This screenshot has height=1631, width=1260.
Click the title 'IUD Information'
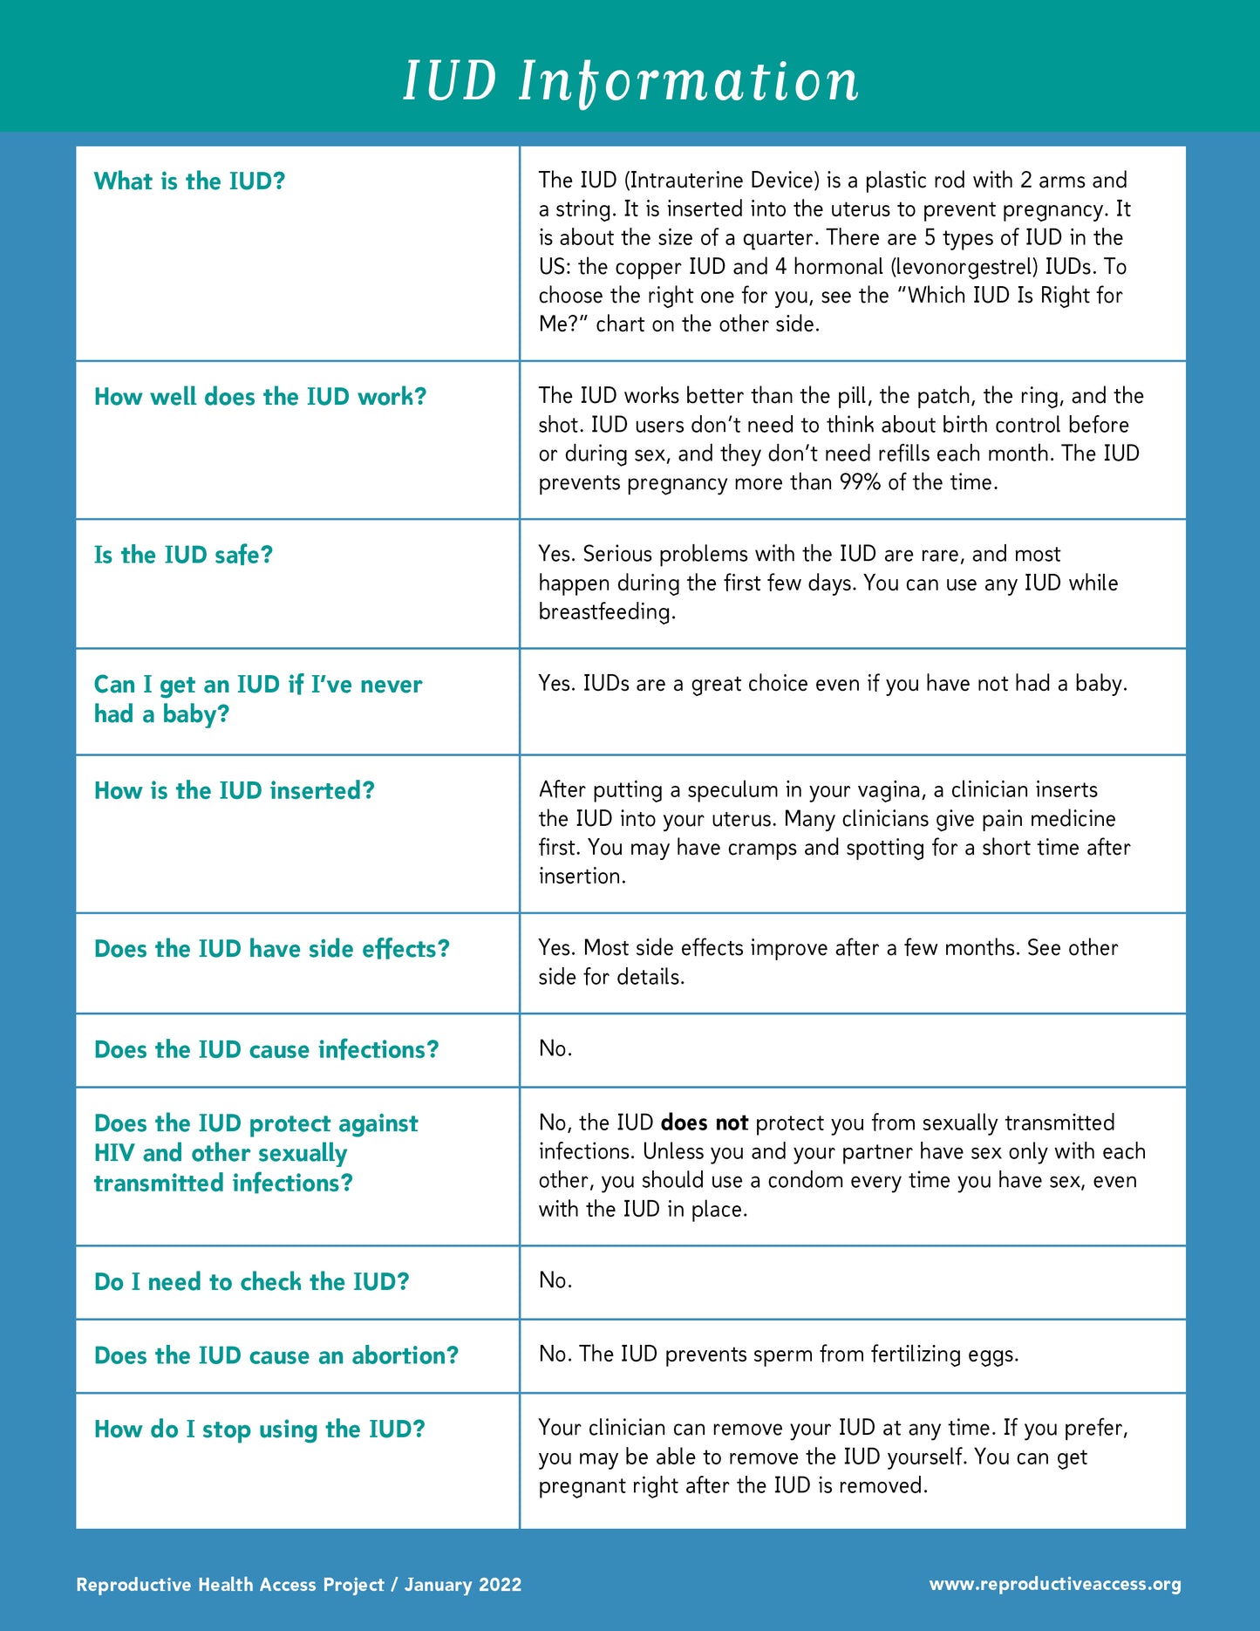(x=630, y=81)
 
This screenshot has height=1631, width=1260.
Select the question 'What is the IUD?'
(x=189, y=181)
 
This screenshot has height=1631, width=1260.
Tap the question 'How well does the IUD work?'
(x=260, y=397)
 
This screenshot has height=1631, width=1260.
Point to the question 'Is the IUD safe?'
(x=183, y=555)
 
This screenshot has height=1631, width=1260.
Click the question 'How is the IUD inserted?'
(x=234, y=791)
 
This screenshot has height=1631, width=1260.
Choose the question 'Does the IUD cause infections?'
(x=266, y=1049)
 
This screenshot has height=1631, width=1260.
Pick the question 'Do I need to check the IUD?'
(x=251, y=1282)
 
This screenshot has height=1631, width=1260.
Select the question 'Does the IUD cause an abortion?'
(x=276, y=1355)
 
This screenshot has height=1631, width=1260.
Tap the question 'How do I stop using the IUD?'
(x=259, y=1430)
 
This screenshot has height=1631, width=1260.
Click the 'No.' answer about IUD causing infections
(x=555, y=1048)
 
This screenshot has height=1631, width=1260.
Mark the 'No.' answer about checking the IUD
(x=555, y=1280)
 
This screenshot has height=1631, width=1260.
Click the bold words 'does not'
(x=705, y=1123)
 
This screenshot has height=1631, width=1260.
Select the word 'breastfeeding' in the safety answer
(x=606, y=612)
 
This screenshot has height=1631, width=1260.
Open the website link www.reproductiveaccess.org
(x=1055, y=1584)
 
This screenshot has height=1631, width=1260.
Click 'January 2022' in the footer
(x=463, y=1585)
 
